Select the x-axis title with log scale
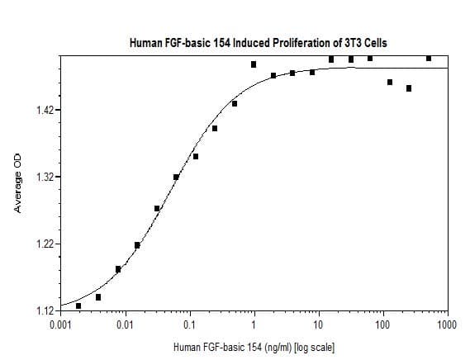[253, 347]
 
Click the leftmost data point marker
[78, 306]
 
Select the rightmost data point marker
[429, 58]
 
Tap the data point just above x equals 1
[254, 64]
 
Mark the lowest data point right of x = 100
[409, 88]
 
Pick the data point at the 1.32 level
[176, 177]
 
